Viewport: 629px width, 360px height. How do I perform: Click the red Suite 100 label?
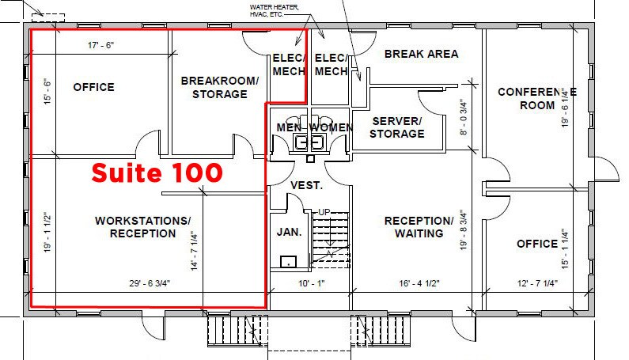point(157,172)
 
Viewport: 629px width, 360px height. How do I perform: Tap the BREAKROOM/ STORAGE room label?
point(219,87)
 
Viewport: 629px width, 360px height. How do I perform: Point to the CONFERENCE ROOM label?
point(536,99)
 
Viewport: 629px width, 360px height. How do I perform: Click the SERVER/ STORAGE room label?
point(397,127)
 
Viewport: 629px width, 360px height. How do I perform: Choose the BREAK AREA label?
point(421,54)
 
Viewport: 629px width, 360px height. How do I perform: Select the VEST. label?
point(306,185)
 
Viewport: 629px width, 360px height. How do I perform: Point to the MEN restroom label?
point(290,127)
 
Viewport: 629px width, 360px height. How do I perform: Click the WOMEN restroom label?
point(330,127)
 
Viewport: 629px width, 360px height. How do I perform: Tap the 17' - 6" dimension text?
point(101,46)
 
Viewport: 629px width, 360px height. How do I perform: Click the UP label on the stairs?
point(324,212)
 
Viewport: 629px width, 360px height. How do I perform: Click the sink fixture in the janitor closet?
point(289,261)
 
